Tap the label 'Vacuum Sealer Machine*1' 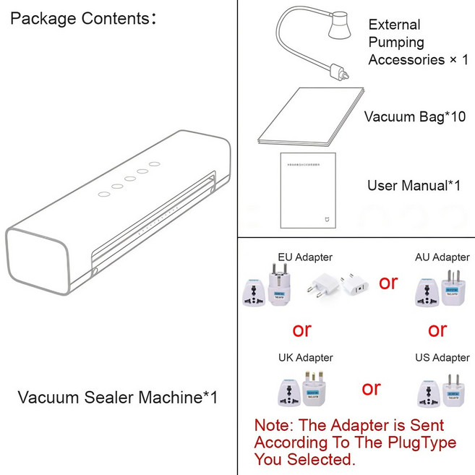[117, 397]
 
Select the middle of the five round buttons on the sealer [130, 180]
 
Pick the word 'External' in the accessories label [394, 25]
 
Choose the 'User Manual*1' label [414, 186]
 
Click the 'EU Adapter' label [305, 257]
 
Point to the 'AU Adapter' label [442, 257]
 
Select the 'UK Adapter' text [305, 357]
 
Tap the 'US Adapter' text [442, 357]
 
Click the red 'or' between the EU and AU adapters [388, 282]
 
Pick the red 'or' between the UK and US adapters [371, 388]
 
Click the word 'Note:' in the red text [274, 425]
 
